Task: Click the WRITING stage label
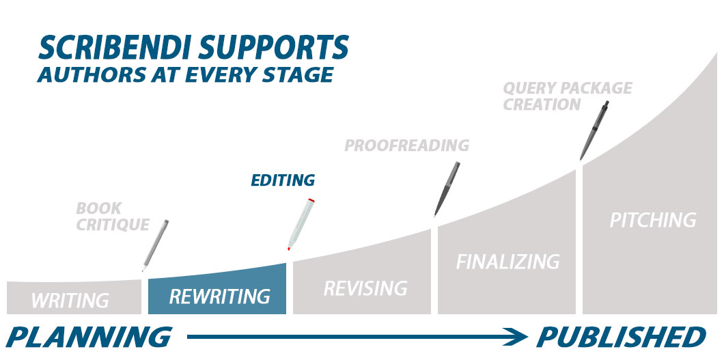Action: [x=70, y=300]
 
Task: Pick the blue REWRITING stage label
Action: [x=219, y=296]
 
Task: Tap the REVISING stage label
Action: [x=365, y=288]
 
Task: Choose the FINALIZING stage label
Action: [x=507, y=262]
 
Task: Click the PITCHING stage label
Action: [x=652, y=220]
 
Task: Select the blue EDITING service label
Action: [x=283, y=180]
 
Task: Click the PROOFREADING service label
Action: [x=406, y=146]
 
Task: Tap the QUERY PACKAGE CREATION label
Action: [x=567, y=96]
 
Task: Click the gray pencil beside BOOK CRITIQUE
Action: [x=155, y=245]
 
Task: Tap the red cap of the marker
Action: [x=311, y=200]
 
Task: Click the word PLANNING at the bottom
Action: [x=89, y=337]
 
